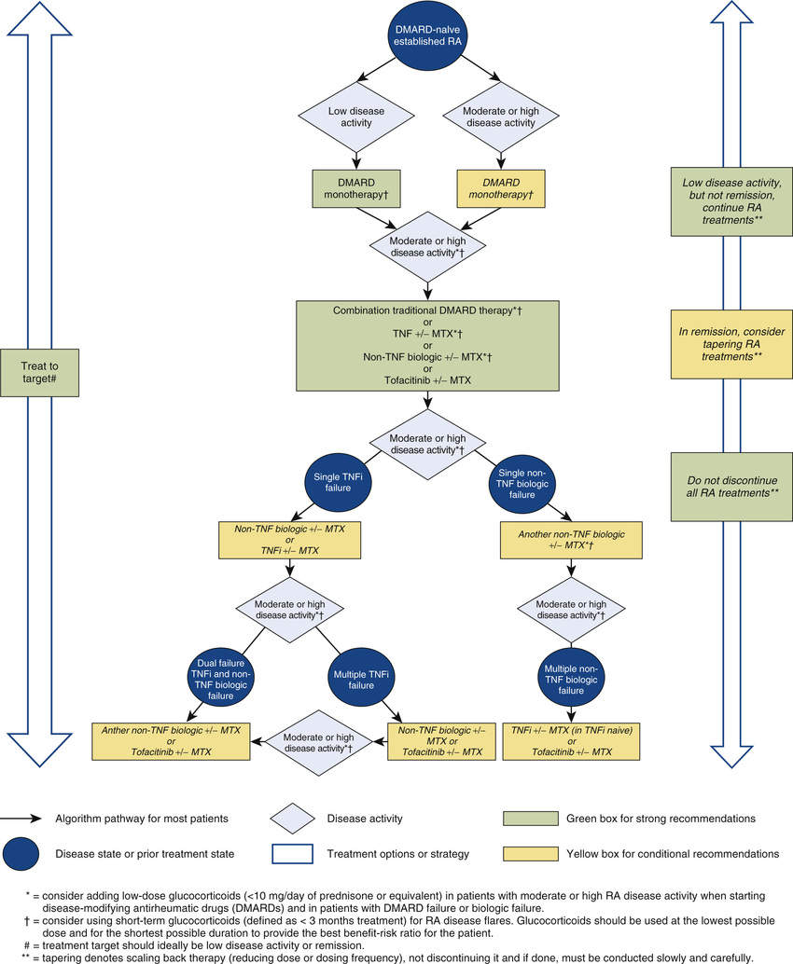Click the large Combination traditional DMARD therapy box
click(428, 345)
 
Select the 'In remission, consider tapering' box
click(731, 344)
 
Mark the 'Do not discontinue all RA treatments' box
click(731, 486)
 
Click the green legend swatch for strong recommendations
click(529, 819)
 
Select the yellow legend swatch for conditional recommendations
click(529, 853)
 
